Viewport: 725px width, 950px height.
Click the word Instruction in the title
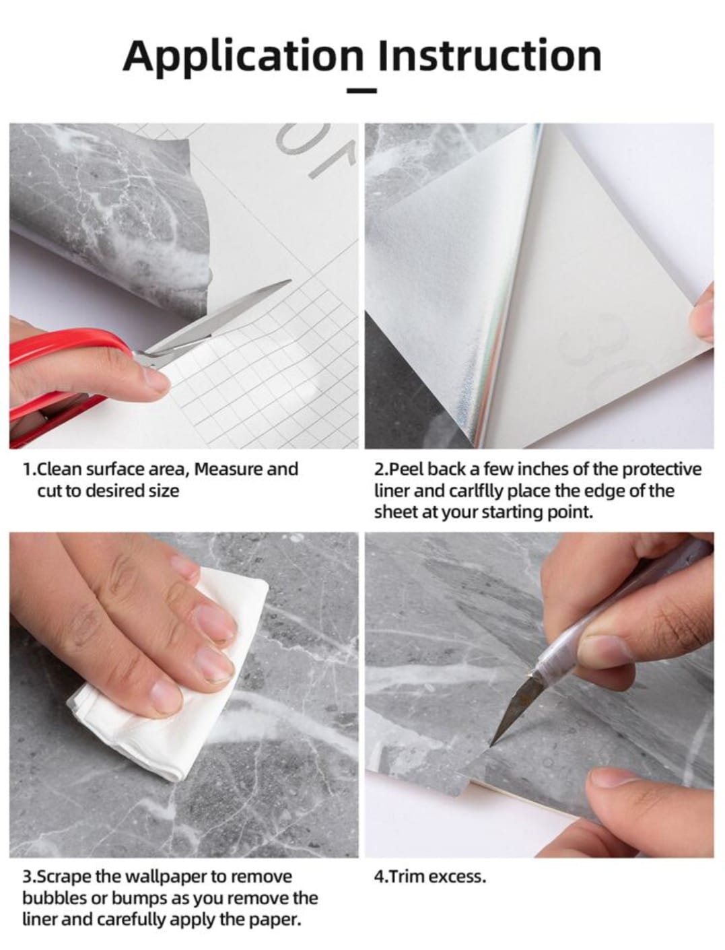[x=489, y=56]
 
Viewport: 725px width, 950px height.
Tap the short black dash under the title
[x=362, y=90]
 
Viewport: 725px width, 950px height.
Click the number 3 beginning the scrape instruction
[x=27, y=877]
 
